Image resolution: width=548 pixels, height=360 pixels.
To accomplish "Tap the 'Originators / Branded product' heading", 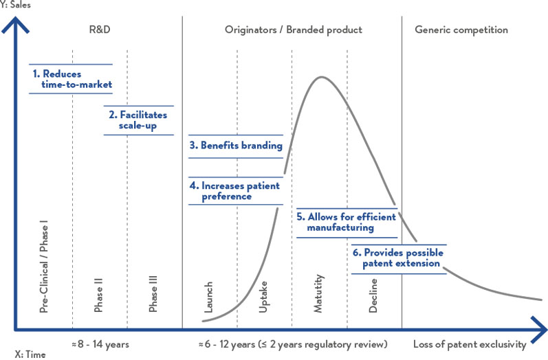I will pos(293,30).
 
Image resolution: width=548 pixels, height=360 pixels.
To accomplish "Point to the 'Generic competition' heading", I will pos(461,30).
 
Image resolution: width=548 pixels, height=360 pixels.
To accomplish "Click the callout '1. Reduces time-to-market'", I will pos(72,78).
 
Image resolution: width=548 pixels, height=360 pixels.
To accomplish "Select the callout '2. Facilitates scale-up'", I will pos(138,120).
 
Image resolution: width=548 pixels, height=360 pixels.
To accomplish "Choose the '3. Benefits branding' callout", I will pos(236,146).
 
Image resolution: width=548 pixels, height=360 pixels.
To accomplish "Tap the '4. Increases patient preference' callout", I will pos(236,190).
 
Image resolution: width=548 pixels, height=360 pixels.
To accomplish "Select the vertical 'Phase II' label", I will pos(99,295).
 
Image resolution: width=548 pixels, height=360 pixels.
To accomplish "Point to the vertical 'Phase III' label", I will pos(153,293).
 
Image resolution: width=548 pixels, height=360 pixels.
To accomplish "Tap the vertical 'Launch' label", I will pos(209,297).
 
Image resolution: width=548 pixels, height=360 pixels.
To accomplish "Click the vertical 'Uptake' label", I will pos(263,297).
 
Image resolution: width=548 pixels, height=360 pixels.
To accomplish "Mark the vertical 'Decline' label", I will pos(373,296).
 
